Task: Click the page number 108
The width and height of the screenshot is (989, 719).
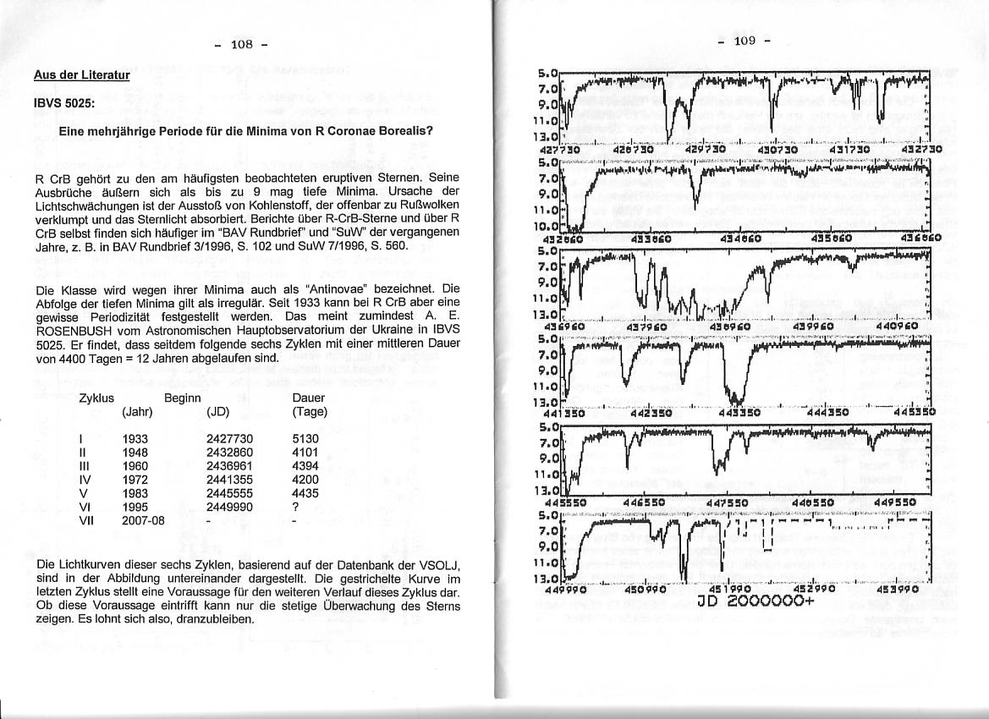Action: click(x=242, y=45)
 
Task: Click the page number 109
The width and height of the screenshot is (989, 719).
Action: click(x=744, y=41)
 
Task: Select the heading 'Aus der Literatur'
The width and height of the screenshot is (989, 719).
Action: click(x=81, y=75)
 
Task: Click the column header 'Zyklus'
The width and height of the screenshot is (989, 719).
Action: click(x=96, y=398)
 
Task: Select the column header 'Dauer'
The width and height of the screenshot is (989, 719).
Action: click(x=308, y=398)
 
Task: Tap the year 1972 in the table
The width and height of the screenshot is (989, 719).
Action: click(x=135, y=480)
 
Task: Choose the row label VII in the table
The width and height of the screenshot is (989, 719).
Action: click(x=86, y=520)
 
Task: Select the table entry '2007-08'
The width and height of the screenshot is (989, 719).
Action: click(x=143, y=520)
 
